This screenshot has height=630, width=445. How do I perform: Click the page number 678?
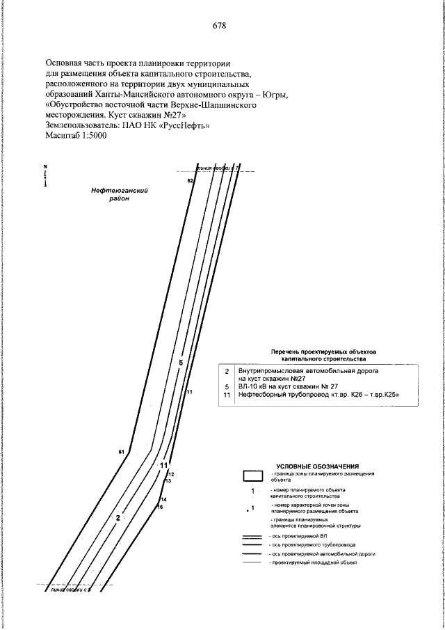[220, 26]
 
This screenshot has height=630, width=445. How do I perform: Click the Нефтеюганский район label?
[121, 194]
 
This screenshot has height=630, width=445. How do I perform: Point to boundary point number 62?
[189, 180]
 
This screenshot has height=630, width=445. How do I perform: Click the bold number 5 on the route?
[180, 363]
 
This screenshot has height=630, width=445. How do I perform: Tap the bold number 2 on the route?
[118, 517]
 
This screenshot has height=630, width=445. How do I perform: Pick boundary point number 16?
[159, 507]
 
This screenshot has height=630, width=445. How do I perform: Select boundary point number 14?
[164, 500]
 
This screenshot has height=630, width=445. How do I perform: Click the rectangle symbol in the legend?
[252, 476]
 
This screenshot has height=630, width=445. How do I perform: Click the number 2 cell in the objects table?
[227, 374]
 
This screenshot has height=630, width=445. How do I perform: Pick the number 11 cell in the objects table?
[226, 395]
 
